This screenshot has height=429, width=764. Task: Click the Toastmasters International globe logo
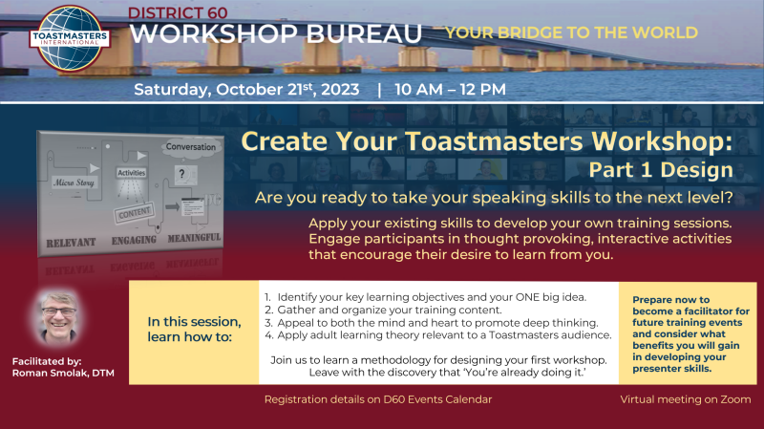click(x=70, y=38)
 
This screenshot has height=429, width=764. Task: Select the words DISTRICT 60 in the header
click(x=178, y=12)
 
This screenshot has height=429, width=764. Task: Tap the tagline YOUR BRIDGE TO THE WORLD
click(x=572, y=32)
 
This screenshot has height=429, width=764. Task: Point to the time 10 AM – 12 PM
click(x=450, y=89)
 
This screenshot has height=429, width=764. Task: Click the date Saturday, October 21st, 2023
click(x=246, y=89)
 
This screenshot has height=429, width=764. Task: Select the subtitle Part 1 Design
click(x=661, y=170)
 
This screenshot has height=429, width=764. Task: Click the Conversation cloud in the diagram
click(x=190, y=147)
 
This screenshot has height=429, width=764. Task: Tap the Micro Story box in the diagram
click(x=74, y=182)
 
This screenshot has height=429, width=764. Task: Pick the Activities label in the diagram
click(x=132, y=173)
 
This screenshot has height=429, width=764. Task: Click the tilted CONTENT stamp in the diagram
click(x=135, y=213)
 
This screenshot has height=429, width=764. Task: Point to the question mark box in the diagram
click(x=185, y=175)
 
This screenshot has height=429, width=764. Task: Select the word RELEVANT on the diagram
click(x=71, y=243)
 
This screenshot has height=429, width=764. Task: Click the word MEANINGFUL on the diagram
click(x=194, y=238)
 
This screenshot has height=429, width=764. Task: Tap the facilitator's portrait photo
click(x=58, y=318)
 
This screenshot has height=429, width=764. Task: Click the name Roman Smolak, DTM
click(x=63, y=373)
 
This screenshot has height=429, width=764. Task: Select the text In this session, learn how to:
click(x=195, y=329)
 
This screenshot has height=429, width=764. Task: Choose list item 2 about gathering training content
click(x=383, y=311)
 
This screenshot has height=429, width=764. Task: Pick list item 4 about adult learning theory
click(x=438, y=335)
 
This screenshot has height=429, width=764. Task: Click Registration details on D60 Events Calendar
click(x=378, y=399)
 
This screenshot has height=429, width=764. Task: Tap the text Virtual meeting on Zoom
click(x=686, y=399)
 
